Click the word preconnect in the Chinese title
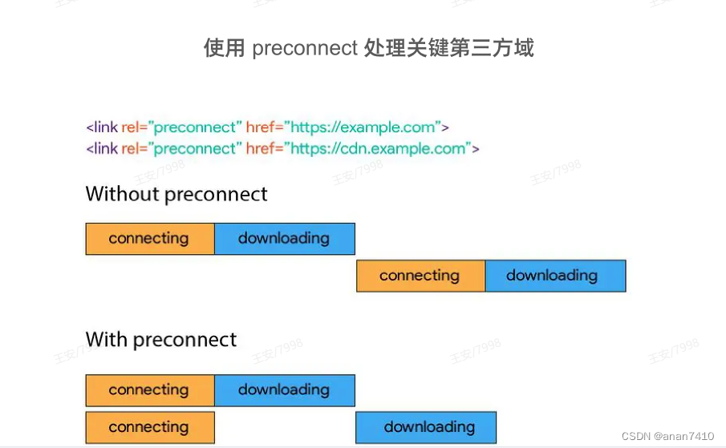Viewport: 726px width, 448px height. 304,49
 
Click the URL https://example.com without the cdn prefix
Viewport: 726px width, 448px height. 363,127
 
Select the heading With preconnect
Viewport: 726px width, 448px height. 161,339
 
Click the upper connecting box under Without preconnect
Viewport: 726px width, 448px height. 149,238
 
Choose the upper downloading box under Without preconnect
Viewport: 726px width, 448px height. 284,238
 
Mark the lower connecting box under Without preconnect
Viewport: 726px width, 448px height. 420,276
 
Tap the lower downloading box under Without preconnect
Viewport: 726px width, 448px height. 554,276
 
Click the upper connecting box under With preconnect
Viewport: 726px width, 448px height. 149,390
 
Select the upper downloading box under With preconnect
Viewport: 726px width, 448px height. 284,390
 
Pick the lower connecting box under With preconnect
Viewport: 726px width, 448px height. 149,427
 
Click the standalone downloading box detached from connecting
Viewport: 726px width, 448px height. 426,427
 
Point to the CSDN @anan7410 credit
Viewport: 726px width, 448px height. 667,436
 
